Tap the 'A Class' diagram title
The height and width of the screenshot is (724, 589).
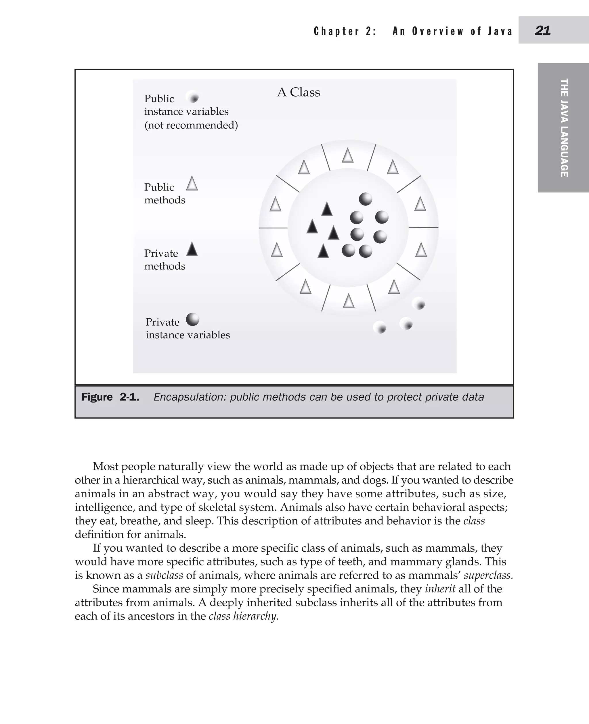(x=298, y=92)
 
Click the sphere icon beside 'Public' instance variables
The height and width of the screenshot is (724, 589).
(x=192, y=98)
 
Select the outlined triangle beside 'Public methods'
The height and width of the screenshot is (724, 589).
(x=192, y=184)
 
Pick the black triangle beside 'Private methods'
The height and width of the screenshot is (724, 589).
(x=192, y=249)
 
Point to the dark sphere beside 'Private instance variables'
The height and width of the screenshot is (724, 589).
(x=192, y=319)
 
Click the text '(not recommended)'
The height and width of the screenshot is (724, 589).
(x=191, y=125)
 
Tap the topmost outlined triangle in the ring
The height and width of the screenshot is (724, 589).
(x=347, y=156)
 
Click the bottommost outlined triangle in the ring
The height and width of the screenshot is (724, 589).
(x=349, y=301)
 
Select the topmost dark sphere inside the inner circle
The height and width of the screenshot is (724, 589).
(x=366, y=199)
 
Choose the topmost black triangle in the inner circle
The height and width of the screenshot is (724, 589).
(x=327, y=209)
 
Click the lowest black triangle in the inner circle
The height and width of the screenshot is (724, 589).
(x=323, y=251)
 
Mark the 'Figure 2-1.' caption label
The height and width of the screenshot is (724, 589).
(x=110, y=397)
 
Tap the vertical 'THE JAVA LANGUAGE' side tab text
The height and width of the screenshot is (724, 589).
(x=564, y=128)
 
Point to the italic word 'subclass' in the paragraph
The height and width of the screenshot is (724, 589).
(x=164, y=575)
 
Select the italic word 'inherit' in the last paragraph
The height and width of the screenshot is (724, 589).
(x=440, y=589)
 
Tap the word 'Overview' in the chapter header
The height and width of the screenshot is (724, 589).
(x=438, y=31)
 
